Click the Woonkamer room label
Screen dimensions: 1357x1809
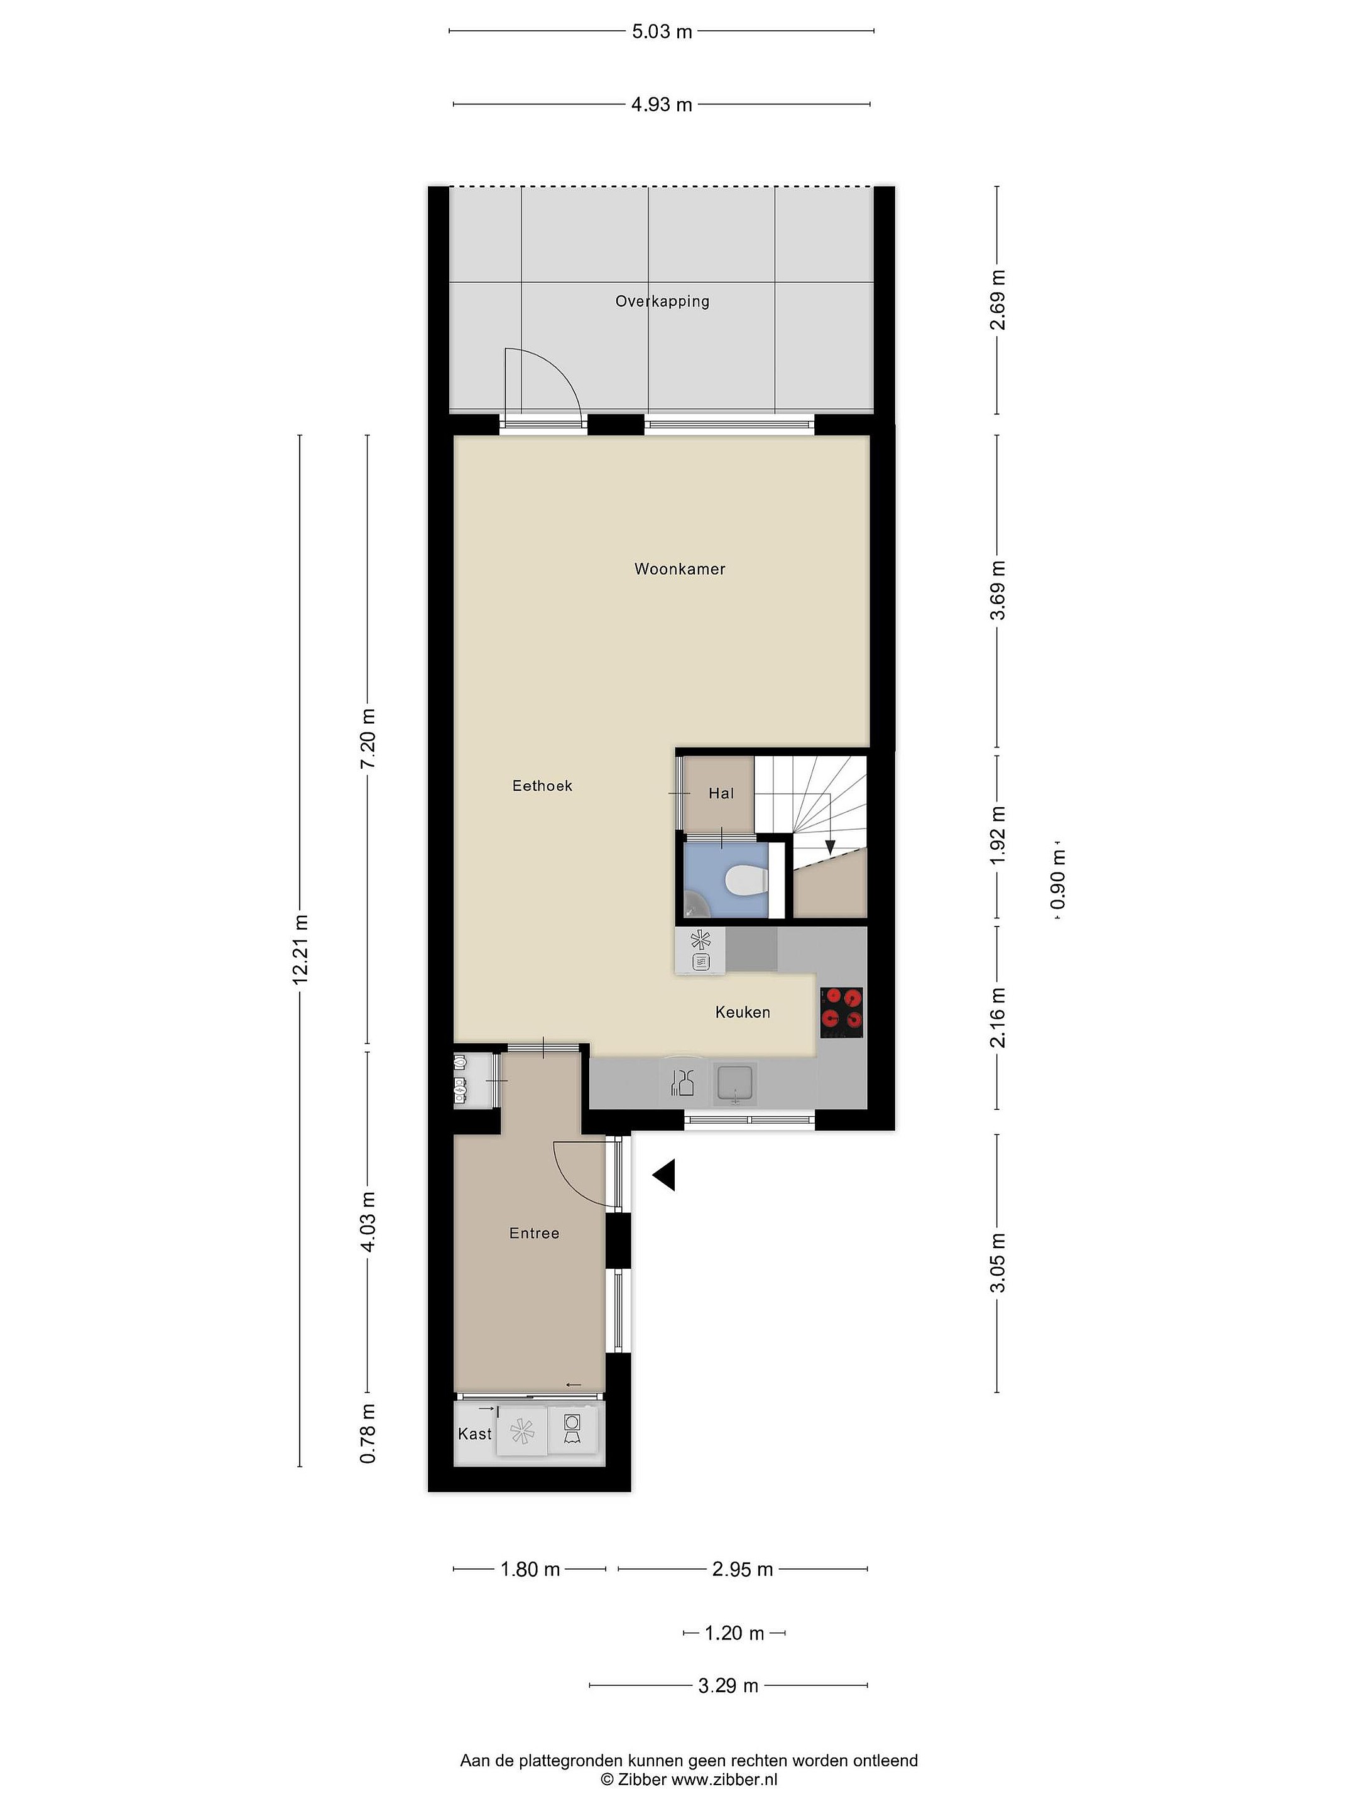click(x=680, y=569)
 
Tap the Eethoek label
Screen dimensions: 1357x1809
click(x=542, y=786)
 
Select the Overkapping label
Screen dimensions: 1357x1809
click(x=663, y=301)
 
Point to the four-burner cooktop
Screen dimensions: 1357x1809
click(x=842, y=1013)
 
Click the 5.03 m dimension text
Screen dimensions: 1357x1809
click(x=662, y=32)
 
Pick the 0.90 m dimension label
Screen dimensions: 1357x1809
click(x=1059, y=879)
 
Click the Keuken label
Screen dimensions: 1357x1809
click(x=743, y=1013)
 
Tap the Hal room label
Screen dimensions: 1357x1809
click(x=721, y=793)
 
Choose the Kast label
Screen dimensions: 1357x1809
click(x=475, y=1433)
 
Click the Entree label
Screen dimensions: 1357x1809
click(x=534, y=1233)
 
